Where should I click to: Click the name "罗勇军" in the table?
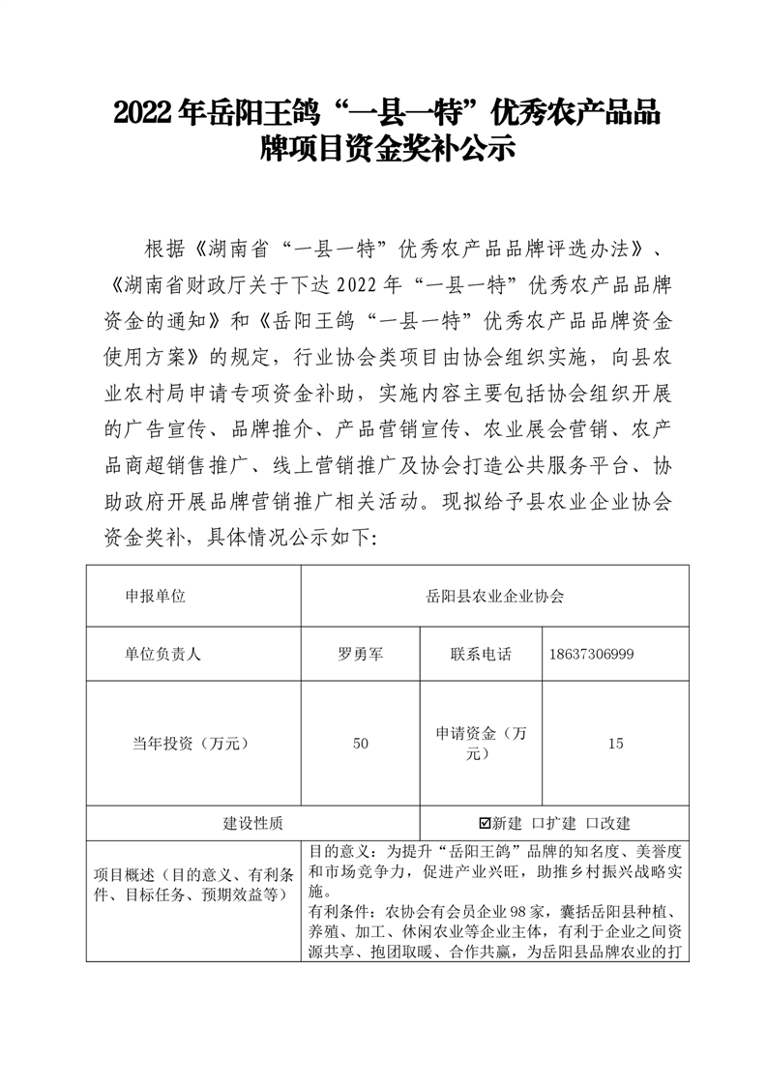[x=360, y=654]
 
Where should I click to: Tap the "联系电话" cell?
[x=480, y=654]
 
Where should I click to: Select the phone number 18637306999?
[x=592, y=655]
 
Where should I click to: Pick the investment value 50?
[x=360, y=744]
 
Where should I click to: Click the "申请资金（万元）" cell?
[x=480, y=744]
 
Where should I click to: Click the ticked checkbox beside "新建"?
[x=486, y=823]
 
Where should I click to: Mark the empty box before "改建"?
[x=592, y=823]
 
